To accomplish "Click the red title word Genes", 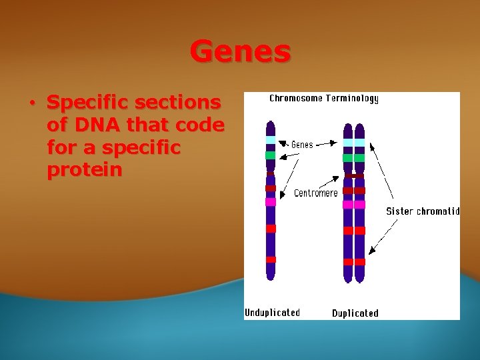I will click(240, 51).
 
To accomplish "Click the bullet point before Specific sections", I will click(32, 103).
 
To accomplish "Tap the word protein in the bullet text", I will click(85, 170).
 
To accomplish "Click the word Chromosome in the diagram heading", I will click(295, 99).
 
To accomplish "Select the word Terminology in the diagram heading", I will click(351, 99).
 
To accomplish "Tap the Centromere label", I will click(315, 193).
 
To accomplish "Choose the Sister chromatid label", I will click(423, 211).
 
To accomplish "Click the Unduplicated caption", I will click(272, 313).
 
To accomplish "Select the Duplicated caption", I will click(355, 313).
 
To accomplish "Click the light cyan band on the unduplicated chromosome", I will click(270, 140).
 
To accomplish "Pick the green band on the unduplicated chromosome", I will click(270, 155).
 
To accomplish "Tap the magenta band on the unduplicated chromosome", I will click(270, 202).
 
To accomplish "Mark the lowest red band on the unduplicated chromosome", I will click(270, 259).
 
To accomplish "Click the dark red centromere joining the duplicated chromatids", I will click(354, 177).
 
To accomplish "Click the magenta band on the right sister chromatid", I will click(360, 205).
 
